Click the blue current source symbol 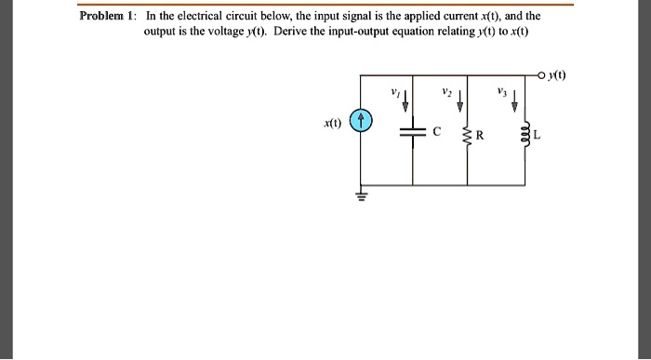coord(365,123)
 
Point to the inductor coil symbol coord(522,137)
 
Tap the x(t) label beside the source coord(332,123)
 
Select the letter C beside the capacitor coord(436,132)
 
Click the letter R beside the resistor coord(480,137)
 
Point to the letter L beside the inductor coord(537,137)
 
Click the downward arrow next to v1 coord(406,100)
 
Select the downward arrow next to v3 coord(515,100)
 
